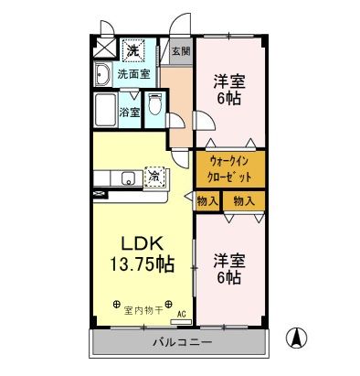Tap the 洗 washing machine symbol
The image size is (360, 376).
133,51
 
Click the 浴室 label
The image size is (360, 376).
130,113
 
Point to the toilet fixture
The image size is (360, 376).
154,108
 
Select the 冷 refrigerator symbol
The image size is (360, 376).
156,175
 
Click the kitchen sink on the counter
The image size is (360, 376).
125,177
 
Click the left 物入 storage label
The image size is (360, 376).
206,200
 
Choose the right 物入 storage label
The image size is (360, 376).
243,200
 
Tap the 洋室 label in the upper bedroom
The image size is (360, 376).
228,80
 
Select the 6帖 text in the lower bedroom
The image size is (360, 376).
228,276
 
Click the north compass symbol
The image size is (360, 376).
295,338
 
